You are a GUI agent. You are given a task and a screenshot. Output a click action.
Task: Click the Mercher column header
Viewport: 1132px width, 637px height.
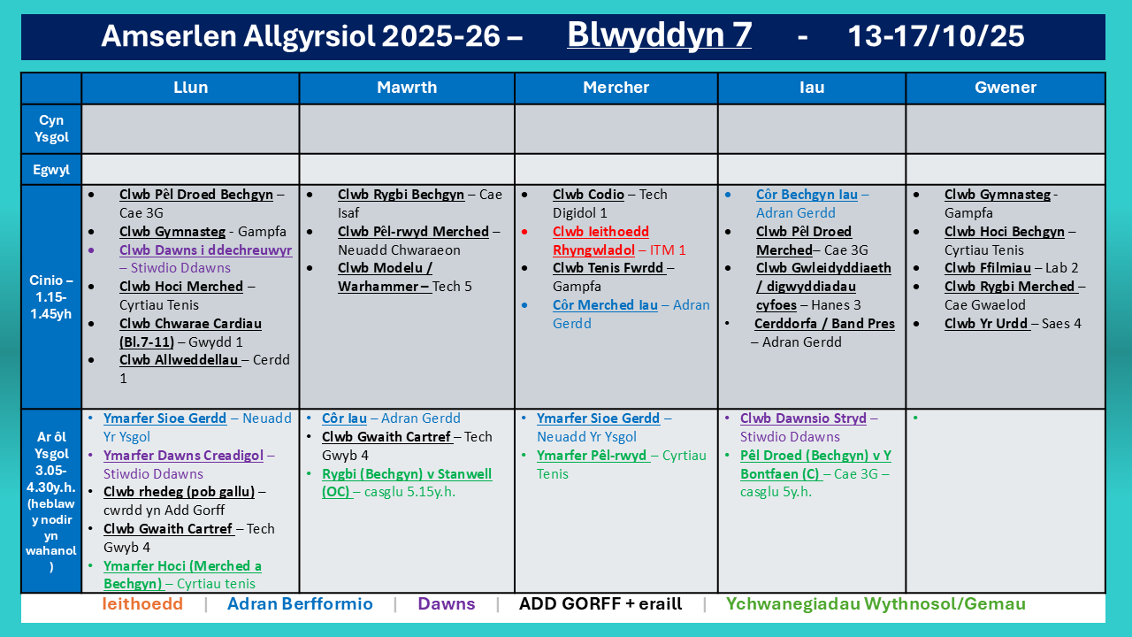click(616, 88)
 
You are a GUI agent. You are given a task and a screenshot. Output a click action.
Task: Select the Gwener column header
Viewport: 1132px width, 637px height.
click(1006, 88)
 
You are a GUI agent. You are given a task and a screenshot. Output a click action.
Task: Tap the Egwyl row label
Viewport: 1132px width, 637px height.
click(51, 169)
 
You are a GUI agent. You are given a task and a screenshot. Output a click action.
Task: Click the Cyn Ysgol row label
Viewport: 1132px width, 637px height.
click(51, 128)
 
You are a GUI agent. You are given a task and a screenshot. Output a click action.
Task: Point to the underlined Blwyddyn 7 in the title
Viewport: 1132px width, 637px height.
click(659, 35)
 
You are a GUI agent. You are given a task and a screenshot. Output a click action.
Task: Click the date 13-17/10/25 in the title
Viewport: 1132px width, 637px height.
click(936, 36)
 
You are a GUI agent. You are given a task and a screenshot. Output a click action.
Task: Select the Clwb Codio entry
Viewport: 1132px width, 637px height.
click(610, 203)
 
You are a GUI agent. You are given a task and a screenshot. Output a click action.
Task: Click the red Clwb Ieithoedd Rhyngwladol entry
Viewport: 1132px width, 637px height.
click(619, 241)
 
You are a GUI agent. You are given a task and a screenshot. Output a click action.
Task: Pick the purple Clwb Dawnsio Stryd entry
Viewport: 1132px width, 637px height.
click(809, 427)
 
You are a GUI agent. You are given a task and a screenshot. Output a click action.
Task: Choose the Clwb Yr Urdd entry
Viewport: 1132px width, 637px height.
click(1013, 324)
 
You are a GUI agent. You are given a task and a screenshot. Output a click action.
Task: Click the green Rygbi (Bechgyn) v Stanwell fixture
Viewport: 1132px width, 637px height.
click(407, 483)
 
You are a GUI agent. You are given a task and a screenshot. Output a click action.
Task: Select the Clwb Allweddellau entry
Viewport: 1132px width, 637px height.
click(204, 369)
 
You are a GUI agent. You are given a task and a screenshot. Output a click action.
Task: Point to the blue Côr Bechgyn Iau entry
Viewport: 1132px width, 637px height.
click(812, 203)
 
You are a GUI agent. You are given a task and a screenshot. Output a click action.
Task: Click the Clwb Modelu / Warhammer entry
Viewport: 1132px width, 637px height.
click(405, 277)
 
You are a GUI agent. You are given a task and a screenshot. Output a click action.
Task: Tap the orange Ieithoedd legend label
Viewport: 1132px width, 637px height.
click(142, 603)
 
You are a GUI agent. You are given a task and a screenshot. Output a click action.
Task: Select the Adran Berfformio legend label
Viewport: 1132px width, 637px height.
click(300, 603)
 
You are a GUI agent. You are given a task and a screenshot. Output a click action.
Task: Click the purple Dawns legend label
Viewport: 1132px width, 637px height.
click(447, 603)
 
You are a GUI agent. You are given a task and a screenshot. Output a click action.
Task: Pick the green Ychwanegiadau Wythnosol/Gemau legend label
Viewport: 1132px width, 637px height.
click(876, 603)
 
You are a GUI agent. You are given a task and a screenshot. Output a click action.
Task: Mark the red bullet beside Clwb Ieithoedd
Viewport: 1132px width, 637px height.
click(524, 232)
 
